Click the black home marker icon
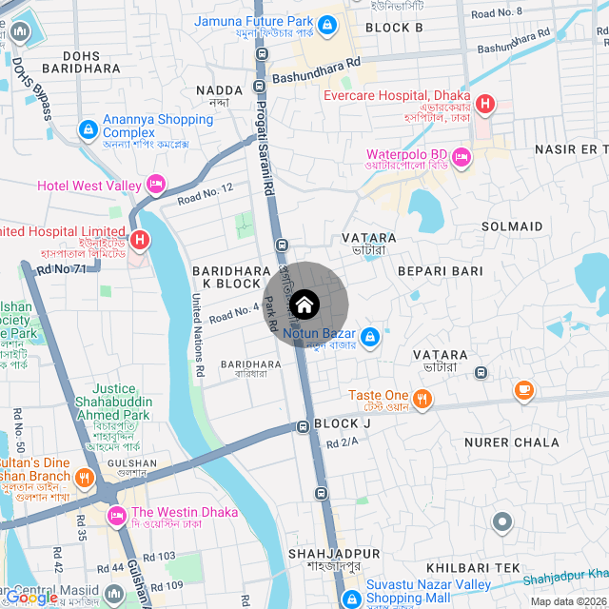pos(305,305)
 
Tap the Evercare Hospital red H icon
pos(485,103)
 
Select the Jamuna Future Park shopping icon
pos(327,24)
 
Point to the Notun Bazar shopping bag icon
pos(371,336)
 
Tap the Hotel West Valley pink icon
pos(156,185)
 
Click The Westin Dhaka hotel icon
pos(118,515)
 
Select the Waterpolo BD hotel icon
pos(462,156)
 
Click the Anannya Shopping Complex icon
pos(88,128)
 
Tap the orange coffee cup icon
pos(523,389)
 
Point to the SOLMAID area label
pos(512,226)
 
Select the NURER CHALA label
pos(511,442)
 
